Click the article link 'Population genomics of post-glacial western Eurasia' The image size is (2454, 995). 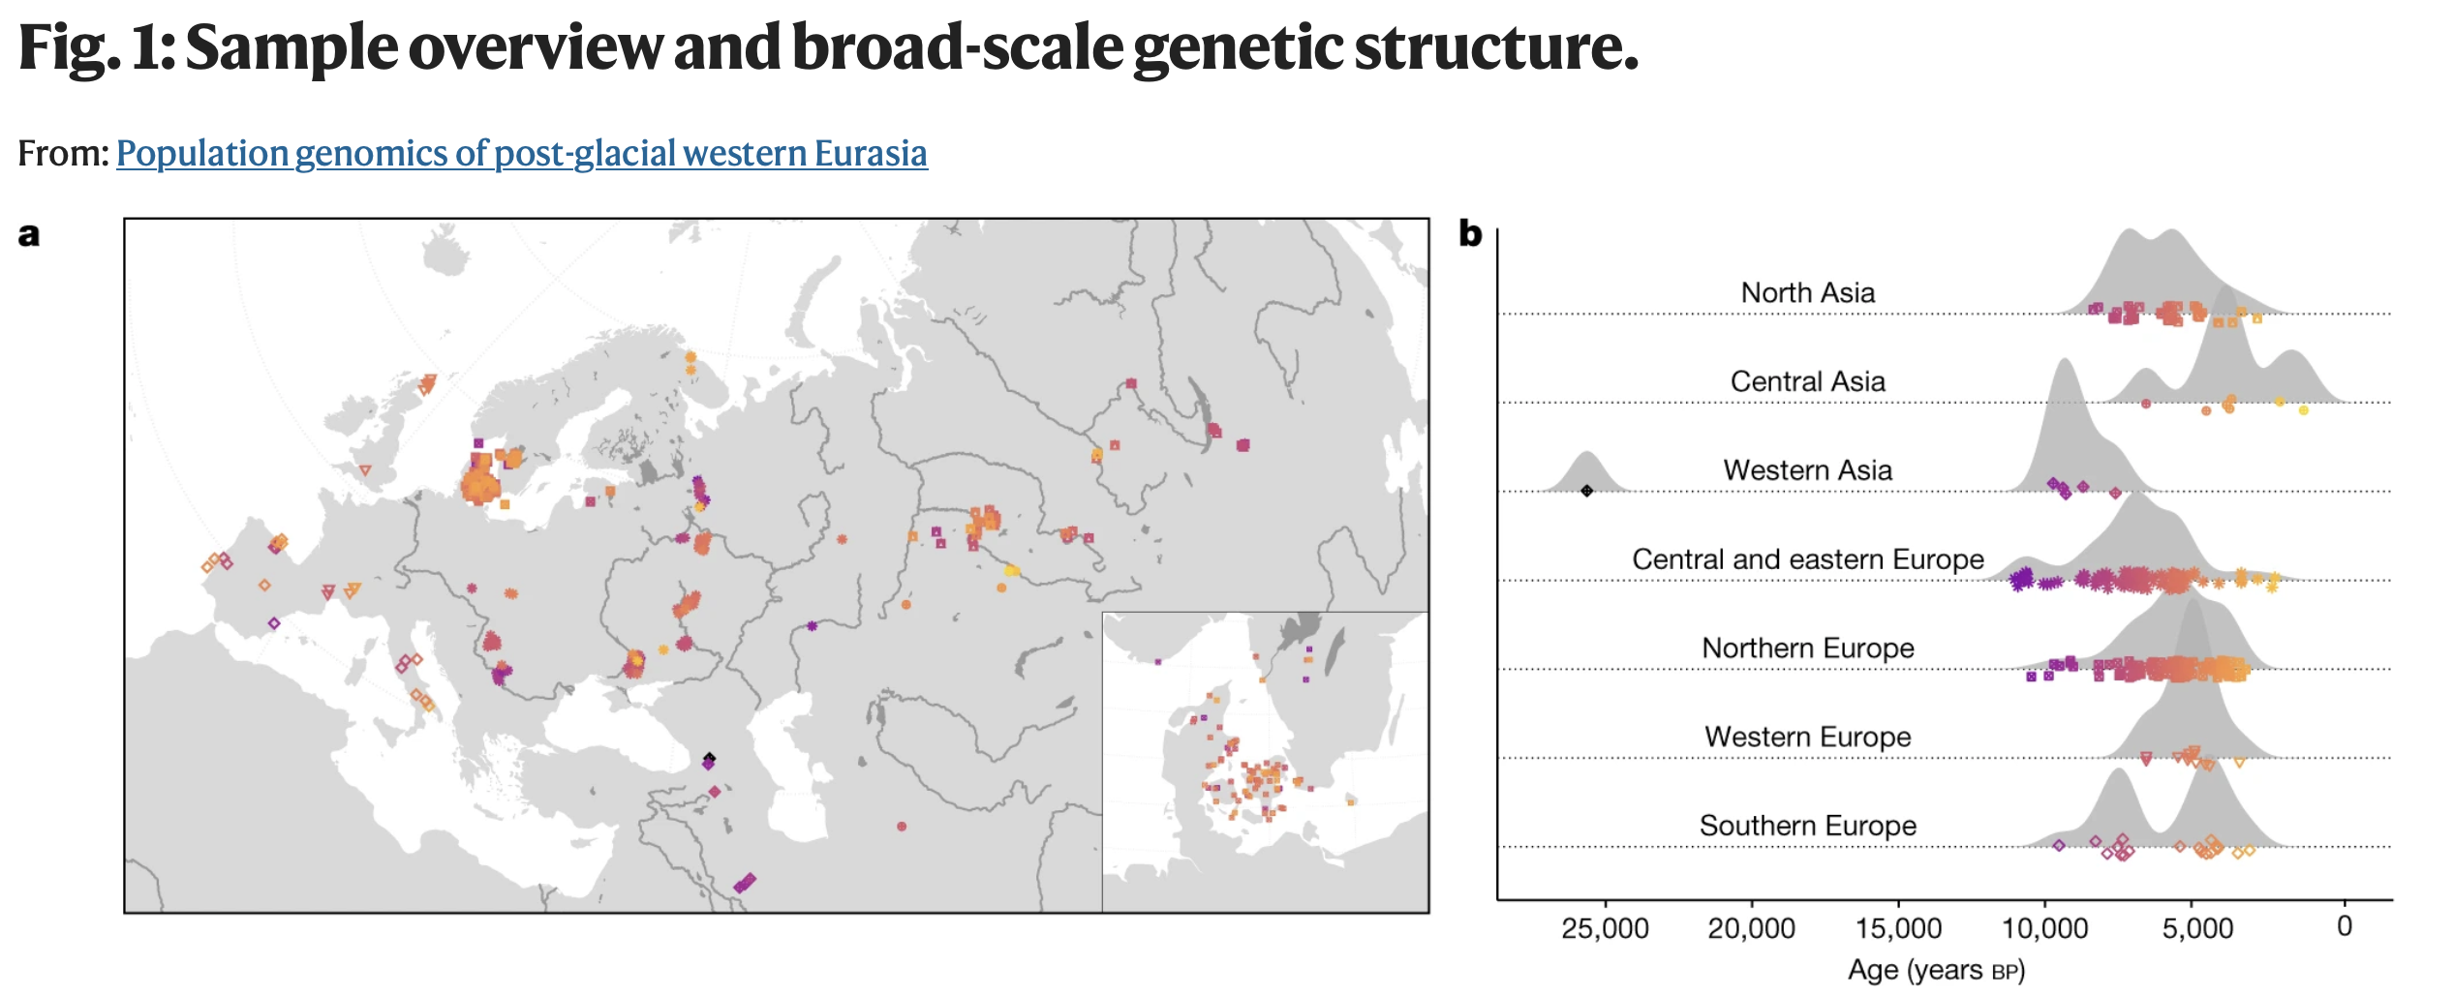[522, 154]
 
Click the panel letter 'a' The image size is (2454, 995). [29, 235]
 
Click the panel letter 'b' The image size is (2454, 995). [1470, 234]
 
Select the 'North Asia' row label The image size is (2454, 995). [1807, 293]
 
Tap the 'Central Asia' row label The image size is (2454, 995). [1807, 382]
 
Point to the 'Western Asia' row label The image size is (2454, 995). [1807, 471]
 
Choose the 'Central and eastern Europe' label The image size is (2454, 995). [1807, 560]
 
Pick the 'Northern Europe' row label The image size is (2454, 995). [1807, 648]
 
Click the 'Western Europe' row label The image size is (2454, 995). [1807, 738]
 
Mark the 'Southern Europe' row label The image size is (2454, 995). [1807, 827]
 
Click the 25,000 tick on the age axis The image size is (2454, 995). [1605, 929]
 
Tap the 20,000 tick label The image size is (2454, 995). [1751, 929]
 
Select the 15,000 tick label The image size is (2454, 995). [1898, 929]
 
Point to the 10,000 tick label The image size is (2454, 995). [2044, 929]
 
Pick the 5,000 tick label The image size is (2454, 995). [2197, 929]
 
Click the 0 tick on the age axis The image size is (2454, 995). [2345, 927]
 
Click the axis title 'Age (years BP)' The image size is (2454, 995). [1936, 971]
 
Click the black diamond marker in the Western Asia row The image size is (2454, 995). [1586, 492]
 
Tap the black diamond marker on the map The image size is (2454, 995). [709, 758]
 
